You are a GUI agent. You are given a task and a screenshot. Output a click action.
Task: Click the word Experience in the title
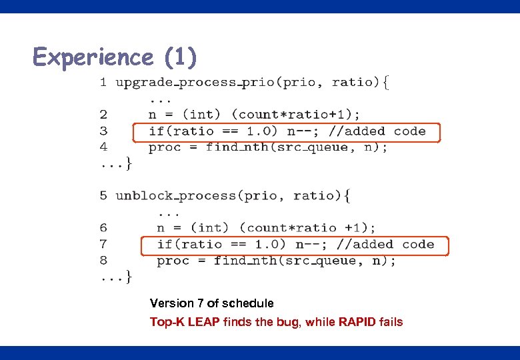pyautogui.click(x=93, y=57)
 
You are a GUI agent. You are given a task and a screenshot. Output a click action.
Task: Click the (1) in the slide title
pyautogui.click(x=181, y=57)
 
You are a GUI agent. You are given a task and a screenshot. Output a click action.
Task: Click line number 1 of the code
pyautogui.click(x=103, y=83)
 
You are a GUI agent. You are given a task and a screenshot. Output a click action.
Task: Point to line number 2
pyautogui.click(x=103, y=115)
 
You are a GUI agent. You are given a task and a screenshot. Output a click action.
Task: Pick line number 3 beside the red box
pyautogui.click(x=103, y=131)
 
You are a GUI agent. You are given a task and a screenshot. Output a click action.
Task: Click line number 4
pyautogui.click(x=103, y=147)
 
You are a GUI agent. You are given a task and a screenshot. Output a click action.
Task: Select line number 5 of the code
pyautogui.click(x=103, y=196)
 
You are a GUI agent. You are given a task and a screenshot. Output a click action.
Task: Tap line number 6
pyautogui.click(x=103, y=228)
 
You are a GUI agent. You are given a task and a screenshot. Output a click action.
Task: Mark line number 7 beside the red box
pyautogui.click(x=103, y=245)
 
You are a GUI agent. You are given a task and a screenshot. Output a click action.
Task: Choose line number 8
pyautogui.click(x=103, y=261)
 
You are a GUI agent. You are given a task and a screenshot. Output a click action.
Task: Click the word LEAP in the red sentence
pyautogui.click(x=204, y=322)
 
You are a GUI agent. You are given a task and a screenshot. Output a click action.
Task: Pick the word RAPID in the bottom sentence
pyautogui.click(x=357, y=322)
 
